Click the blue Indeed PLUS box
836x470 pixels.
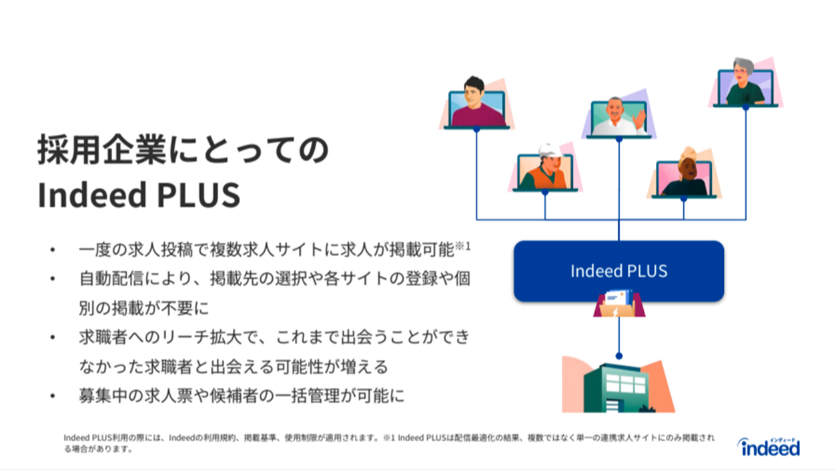tap(618, 271)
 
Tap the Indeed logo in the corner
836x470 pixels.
tap(769, 447)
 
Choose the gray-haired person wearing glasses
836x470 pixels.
tap(745, 81)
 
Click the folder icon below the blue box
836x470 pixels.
tap(619, 303)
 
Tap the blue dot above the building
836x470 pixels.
tap(618, 356)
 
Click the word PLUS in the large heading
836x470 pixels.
tap(199, 195)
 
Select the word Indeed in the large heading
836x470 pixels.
tap(92, 195)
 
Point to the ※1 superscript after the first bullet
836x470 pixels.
tap(463, 246)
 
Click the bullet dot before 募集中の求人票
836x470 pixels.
tap(53, 396)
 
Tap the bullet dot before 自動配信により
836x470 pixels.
tap(53, 279)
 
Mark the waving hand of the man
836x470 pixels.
tap(640, 119)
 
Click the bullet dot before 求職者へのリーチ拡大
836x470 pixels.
tap(53, 337)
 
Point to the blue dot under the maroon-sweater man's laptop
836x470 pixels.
tap(476, 129)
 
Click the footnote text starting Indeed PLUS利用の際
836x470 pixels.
tap(389, 443)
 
